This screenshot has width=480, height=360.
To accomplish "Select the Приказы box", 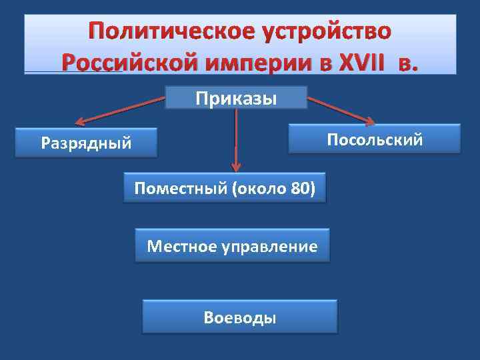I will pos(236,98).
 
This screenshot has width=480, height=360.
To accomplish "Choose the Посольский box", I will pos(374,139).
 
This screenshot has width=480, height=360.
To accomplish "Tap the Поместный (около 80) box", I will pos(225,188).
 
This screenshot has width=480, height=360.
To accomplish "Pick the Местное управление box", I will pos(232,246).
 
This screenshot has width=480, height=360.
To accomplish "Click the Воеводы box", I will pos(240,317).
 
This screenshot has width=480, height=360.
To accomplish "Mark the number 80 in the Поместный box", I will pos(298,188).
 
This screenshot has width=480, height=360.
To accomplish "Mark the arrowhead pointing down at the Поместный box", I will pos(235,169).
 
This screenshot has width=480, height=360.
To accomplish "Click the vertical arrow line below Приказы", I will pos(235,133).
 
